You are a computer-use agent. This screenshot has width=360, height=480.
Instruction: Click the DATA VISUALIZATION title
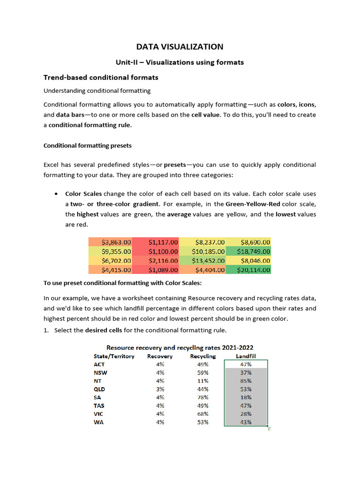[x=180, y=46]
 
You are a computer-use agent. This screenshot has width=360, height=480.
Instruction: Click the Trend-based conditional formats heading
[x=101, y=77]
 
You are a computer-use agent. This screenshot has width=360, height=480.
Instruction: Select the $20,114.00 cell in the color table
[x=248, y=270]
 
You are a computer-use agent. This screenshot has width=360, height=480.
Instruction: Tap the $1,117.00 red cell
[x=156, y=242]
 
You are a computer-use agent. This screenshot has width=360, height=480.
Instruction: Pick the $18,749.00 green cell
[x=248, y=251]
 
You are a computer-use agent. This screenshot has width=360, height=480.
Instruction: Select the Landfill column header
[x=246, y=356]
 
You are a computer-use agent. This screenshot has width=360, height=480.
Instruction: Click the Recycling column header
[x=203, y=356]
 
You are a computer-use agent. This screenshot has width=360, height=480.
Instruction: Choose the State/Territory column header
[x=114, y=356]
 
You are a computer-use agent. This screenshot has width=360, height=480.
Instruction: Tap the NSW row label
[x=99, y=373]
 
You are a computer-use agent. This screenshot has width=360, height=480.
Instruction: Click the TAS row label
[x=99, y=405]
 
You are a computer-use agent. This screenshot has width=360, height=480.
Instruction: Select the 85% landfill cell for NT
[x=246, y=381]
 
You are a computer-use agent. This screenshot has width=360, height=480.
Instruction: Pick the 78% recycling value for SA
[x=203, y=397]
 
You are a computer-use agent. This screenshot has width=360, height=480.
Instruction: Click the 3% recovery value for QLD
[x=160, y=389]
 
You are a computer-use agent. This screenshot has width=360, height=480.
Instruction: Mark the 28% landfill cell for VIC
[x=246, y=414]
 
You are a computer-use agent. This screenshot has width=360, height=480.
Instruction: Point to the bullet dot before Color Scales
[x=56, y=194]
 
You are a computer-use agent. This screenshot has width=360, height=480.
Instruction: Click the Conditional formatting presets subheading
[x=88, y=145]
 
